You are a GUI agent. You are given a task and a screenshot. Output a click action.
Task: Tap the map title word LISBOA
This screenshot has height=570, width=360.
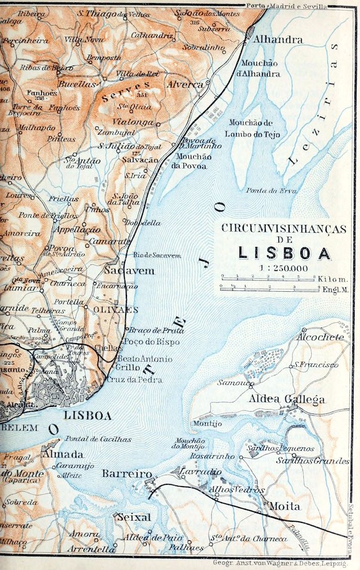coord(285,253)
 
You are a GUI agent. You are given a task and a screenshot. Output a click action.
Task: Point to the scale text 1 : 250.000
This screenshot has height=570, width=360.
coord(284,268)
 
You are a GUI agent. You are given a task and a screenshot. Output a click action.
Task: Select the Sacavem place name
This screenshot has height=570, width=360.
coord(129,271)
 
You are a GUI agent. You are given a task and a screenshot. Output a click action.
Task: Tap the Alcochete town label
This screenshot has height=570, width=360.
coord(322,337)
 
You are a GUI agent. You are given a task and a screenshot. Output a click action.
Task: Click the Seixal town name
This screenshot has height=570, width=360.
coord(134,516)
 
